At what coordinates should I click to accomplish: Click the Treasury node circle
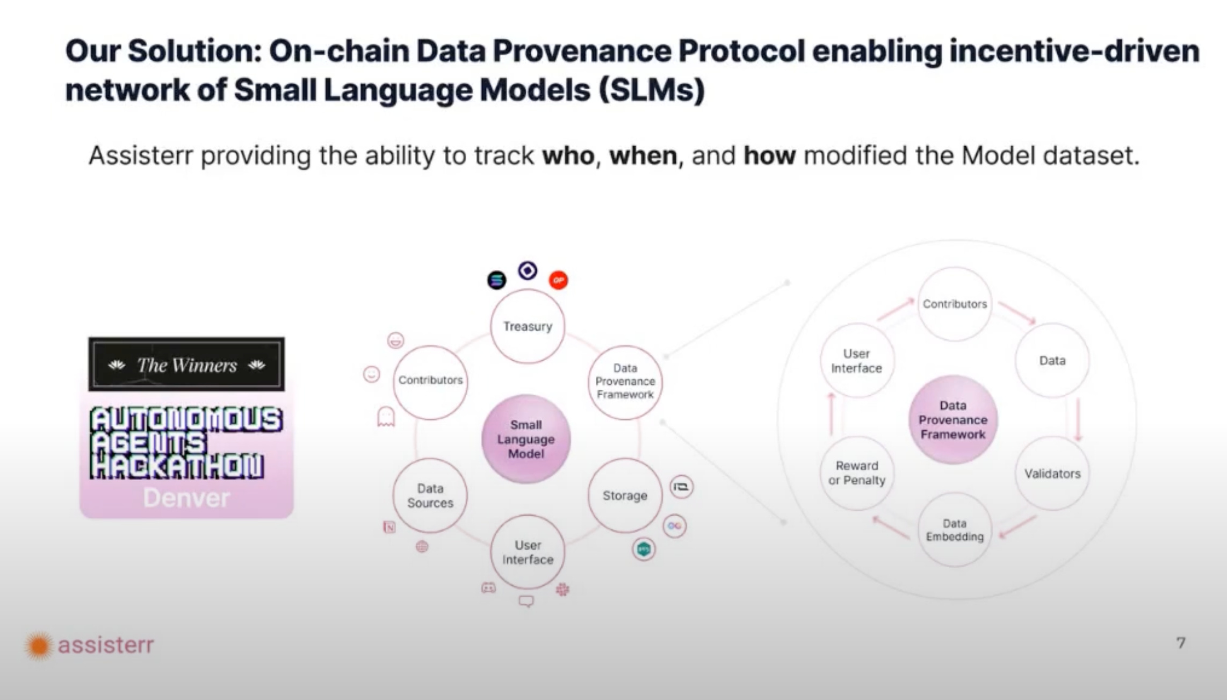(528, 326)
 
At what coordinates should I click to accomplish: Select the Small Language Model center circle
(526, 439)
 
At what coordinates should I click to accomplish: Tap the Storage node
(625, 495)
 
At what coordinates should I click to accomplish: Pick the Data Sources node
(430, 495)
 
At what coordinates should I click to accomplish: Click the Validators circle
(1052, 474)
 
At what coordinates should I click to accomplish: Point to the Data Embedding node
(955, 530)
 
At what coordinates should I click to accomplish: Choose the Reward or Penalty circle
(856, 473)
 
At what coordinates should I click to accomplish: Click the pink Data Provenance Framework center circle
(953, 420)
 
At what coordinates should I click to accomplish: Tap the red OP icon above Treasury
(558, 280)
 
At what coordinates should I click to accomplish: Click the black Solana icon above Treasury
(496, 280)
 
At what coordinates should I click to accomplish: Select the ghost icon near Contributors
(386, 417)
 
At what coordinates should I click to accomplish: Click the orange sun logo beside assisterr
(39, 645)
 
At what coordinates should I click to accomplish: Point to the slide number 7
(1180, 643)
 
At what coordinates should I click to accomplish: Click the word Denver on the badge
(186, 498)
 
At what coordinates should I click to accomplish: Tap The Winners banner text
(186, 366)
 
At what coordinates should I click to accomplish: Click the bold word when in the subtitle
(643, 156)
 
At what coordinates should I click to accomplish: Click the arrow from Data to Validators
(1078, 420)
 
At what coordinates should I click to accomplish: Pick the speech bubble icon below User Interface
(526, 601)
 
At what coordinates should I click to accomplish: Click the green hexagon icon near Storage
(643, 549)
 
